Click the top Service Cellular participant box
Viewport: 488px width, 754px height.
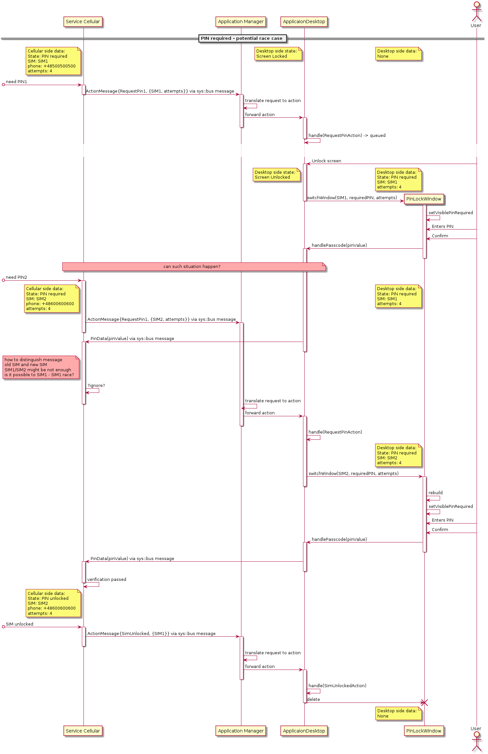(83, 22)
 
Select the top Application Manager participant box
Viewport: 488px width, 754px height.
(241, 22)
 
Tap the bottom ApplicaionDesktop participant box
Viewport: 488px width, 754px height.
(304, 731)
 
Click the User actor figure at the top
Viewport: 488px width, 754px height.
(476, 13)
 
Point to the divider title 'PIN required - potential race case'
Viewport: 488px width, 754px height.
(242, 38)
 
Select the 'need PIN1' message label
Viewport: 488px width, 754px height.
(16, 82)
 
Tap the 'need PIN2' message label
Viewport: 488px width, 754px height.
(16, 277)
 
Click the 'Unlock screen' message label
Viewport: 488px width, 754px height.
(326, 161)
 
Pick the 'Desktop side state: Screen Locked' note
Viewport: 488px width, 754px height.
(278, 54)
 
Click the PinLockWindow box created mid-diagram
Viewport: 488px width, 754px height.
(424, 199)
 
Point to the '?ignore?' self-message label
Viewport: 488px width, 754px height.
(96, 386)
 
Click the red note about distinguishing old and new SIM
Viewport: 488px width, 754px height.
(40, 367)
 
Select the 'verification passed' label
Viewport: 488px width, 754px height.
(107, 580)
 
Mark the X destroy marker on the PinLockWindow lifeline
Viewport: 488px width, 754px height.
(424, 703)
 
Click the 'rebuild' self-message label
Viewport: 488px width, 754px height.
(435, 493)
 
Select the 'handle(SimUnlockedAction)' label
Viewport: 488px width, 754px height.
(337, 686)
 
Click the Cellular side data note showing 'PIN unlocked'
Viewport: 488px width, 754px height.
(53, 603)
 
